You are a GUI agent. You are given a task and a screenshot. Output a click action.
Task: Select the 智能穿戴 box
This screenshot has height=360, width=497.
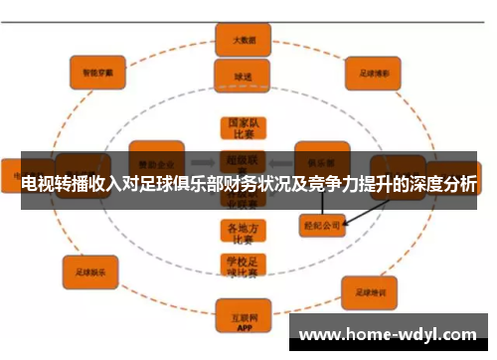96,72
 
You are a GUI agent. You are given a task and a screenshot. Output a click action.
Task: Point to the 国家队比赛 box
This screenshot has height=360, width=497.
243,128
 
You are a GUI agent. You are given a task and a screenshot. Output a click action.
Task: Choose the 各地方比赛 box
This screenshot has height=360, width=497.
243,233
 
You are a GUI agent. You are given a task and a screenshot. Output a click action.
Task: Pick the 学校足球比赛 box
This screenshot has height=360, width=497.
243,267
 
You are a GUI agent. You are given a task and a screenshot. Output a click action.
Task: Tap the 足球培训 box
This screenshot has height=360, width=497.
370,292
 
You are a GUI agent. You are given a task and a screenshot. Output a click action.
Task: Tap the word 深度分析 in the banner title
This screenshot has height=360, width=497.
438,185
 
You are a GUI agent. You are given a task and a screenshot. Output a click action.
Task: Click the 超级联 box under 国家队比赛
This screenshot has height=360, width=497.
243,158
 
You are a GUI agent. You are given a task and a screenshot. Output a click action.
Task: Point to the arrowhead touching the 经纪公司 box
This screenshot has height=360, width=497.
347,222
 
